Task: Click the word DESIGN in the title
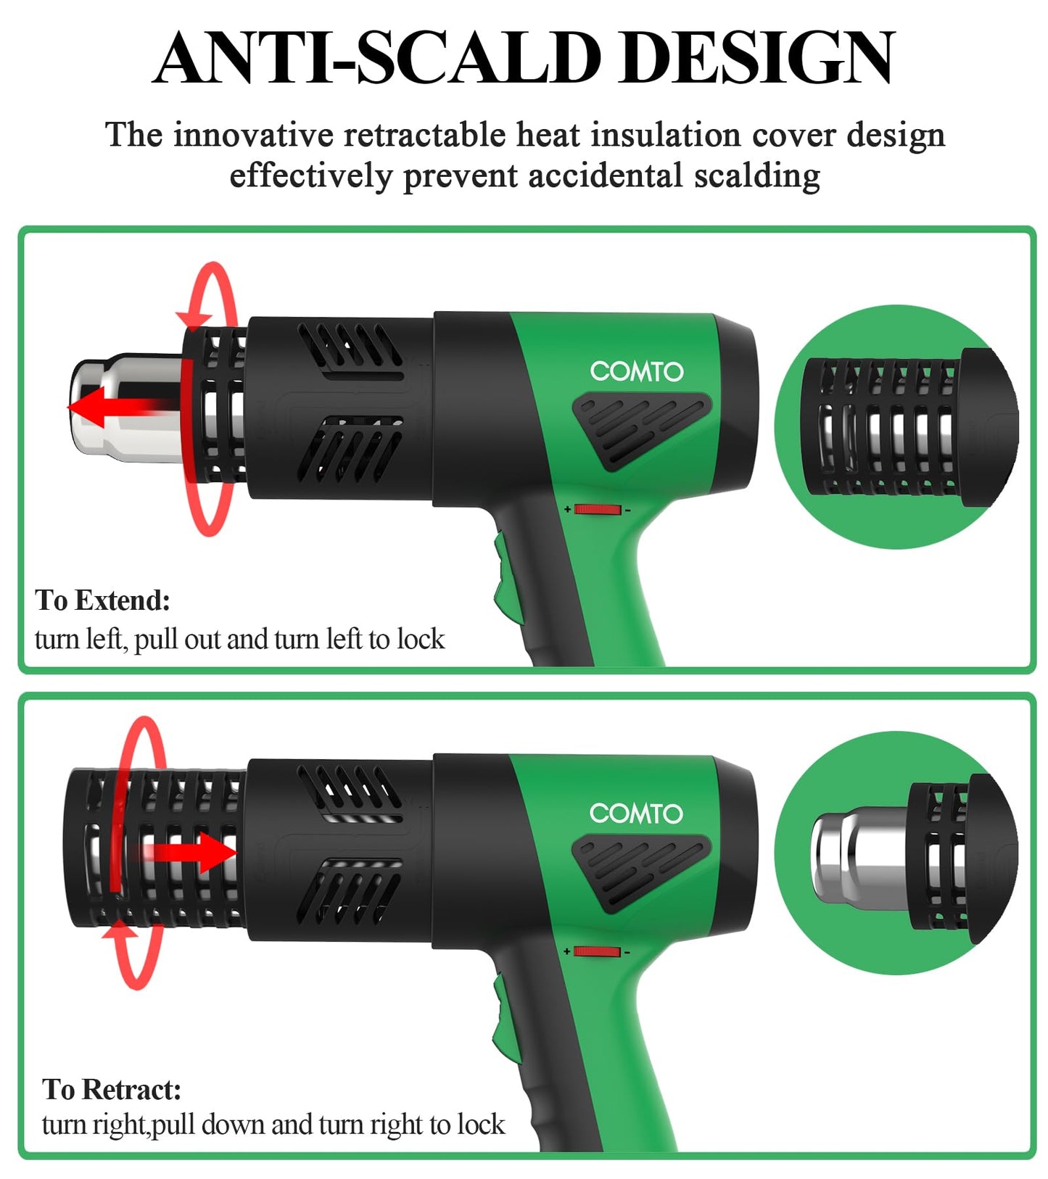click(x=757, y=58)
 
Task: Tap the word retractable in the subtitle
click(x=424, y=136)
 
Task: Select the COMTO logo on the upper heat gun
click(x=636, y=371)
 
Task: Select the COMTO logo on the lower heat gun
click(x=636, y=813)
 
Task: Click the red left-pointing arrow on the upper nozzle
click(x=109, y=407)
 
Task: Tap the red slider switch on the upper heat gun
click(x=597, y=510)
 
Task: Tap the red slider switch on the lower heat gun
click(x=596, y=951)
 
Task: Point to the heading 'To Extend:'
click(x=102, y=600)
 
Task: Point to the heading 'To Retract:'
click(x=111, y=1089)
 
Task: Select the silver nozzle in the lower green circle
click(x=852, y=856)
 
